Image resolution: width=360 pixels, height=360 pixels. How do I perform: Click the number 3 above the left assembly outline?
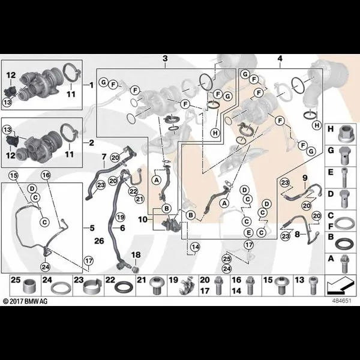click(165, 59)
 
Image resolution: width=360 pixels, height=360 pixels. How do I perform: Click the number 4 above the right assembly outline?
click(280, 59)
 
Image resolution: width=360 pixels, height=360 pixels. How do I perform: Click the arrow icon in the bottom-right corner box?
click(340, 286)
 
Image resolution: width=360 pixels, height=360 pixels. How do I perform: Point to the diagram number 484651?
click(341, 301)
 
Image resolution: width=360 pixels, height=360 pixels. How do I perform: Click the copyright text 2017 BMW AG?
click(25, 301)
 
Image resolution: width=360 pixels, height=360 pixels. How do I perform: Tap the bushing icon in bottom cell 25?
click(29, 287)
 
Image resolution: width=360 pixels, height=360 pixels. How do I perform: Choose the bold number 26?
click(99, 241)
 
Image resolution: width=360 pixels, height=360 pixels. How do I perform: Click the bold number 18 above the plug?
click(136, 255)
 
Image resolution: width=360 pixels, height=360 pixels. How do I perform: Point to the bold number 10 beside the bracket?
click(143, 220)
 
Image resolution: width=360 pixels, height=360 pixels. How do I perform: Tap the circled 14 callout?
click(196, 247)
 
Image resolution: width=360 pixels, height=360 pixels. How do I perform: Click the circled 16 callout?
click(46, 175)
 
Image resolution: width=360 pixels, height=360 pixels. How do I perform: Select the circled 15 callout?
click(13, 176)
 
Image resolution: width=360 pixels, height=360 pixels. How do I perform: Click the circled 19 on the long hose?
click(120, 217)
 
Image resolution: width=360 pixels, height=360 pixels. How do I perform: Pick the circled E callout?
click(249, 233)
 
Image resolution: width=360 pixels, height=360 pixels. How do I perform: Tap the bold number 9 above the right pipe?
click(305, 178)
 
